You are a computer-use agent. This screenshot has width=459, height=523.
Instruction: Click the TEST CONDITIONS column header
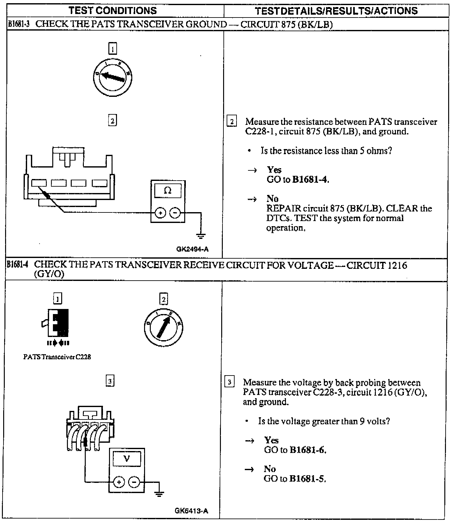click(113, 11)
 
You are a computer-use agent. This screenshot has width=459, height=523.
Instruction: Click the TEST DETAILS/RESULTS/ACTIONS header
click(336, 11)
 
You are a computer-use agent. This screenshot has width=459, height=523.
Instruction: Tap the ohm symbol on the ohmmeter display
click(168, 190)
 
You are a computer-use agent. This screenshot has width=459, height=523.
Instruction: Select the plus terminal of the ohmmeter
click(160, 212)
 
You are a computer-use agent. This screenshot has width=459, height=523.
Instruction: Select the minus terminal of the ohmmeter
click(175, 212)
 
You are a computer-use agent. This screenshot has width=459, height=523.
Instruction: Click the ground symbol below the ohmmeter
click(201, 236)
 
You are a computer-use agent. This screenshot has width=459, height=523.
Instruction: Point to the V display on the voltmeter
click(127, 459)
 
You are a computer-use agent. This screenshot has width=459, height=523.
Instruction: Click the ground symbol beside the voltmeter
click(159, 494)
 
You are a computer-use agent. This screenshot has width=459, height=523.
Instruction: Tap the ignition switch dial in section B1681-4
click(164, 327)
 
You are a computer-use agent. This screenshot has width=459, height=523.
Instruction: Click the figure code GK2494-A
click(192, 249)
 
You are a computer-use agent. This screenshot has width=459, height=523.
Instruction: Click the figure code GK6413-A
click(191, 511)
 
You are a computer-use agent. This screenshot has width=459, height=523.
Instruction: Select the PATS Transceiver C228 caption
click(57, 357)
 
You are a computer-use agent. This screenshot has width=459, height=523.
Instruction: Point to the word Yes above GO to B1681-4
click(274, 169)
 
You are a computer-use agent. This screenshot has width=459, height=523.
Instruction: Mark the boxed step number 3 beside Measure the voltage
click(229, 382)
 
